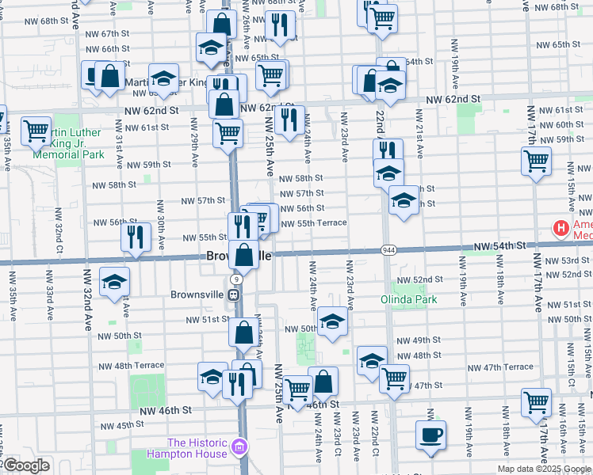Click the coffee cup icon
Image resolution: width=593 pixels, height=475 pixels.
(430, 435)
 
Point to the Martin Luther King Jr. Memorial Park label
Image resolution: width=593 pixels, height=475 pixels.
(68, 143)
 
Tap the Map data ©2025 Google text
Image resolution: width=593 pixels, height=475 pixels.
(543, 469)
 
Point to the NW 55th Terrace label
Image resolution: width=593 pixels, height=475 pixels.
(311, 223)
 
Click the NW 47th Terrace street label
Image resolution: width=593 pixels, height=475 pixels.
(500, 367)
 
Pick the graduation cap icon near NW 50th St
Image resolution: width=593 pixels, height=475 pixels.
(332, 321)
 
